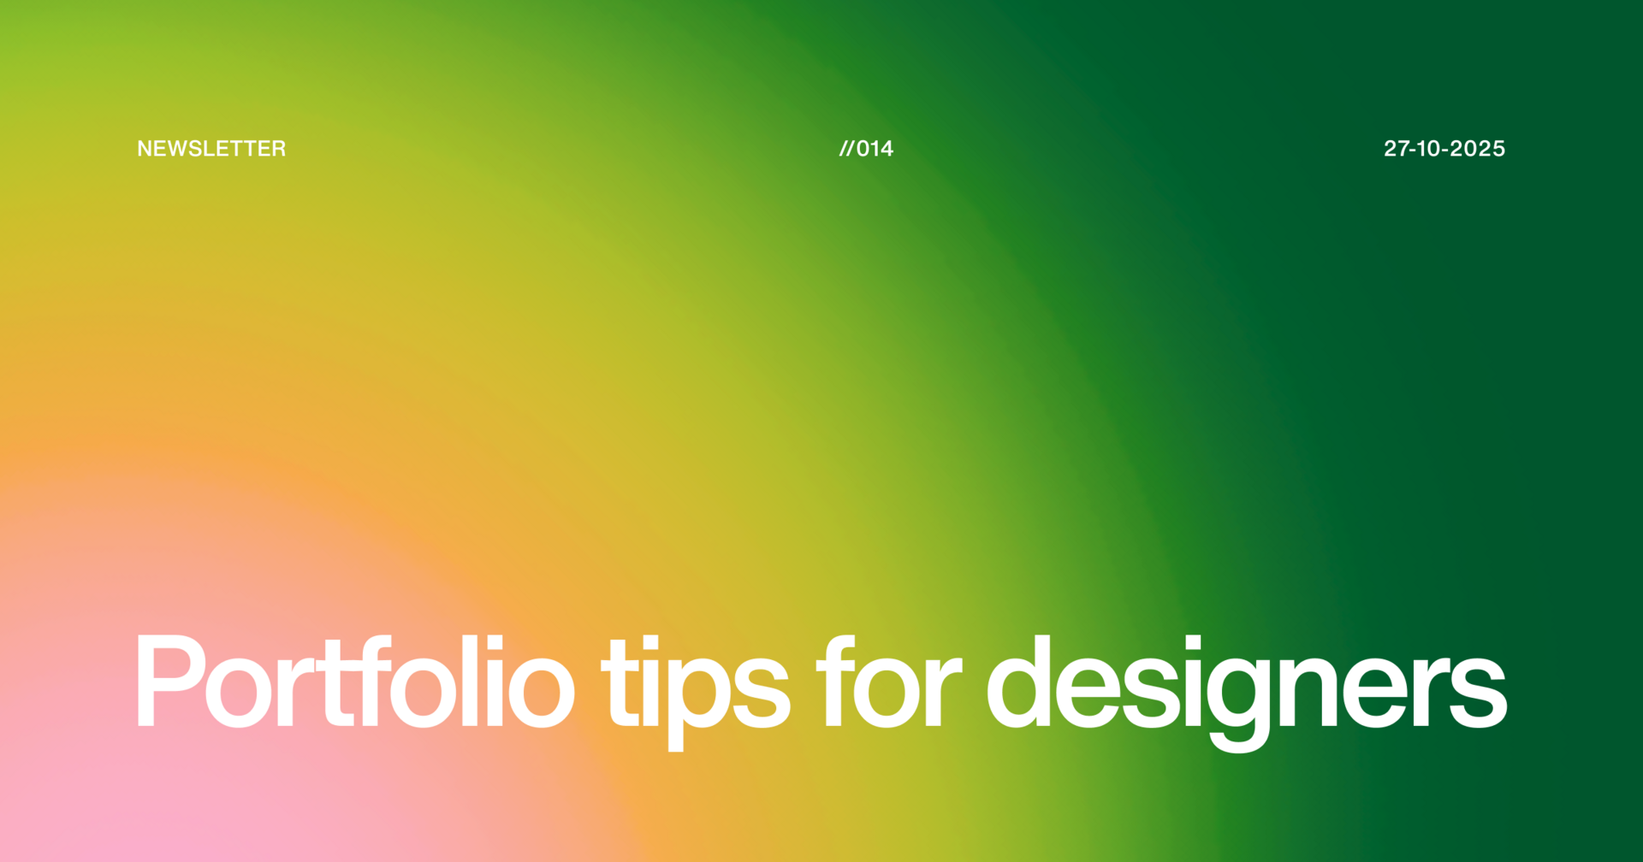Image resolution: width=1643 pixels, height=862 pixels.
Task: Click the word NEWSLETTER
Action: point(211,149)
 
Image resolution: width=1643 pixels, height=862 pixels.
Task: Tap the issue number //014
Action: point(866,149)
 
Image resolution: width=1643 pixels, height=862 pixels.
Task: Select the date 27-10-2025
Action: point(1444,149)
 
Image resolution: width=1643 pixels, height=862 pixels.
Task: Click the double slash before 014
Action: point(846,149)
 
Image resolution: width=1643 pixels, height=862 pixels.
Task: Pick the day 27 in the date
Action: point(1396,149)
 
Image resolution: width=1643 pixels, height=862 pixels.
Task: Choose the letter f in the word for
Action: point(834,682)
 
